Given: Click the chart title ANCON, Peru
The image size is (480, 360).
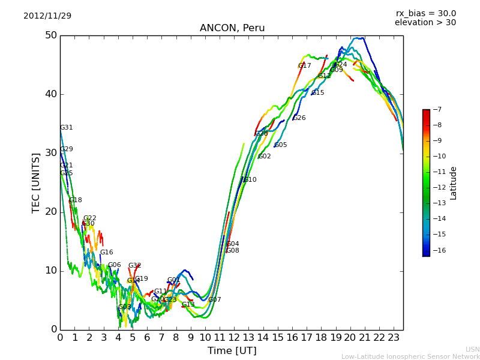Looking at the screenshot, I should (x=232, y=28).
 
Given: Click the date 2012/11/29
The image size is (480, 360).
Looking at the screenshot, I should (x=47, y=16).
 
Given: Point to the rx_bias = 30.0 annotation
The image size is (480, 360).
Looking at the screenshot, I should (x=425, y=14).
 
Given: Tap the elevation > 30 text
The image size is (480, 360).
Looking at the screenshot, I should (x=425, y=23).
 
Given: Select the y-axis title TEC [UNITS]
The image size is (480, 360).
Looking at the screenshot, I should (x=36, y=182).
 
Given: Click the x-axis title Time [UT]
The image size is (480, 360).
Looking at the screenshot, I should (x=232, y=351).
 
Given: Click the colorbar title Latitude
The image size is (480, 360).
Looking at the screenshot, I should (x=454, y=183).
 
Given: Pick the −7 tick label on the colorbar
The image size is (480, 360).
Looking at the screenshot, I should (x=436, y=110).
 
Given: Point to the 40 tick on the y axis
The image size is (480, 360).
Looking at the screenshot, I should (x=50, y=94).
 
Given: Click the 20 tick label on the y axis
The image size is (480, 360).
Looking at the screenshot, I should (x=50, y=212).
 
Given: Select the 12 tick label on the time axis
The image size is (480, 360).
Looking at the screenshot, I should (x=234, y=337).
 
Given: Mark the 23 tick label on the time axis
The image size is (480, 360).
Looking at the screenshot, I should (x=394, y=337).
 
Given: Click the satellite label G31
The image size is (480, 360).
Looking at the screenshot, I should (x=67, y=128).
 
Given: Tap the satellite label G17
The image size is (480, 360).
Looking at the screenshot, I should (x=305, y=66).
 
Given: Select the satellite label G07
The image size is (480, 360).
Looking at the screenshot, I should (x=215, y=300).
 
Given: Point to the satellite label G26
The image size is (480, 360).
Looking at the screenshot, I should (x=299, y=118).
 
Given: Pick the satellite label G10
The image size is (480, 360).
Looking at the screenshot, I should (x=250, y=180).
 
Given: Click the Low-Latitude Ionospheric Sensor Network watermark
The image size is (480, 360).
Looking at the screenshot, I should (x=410, y=356).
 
